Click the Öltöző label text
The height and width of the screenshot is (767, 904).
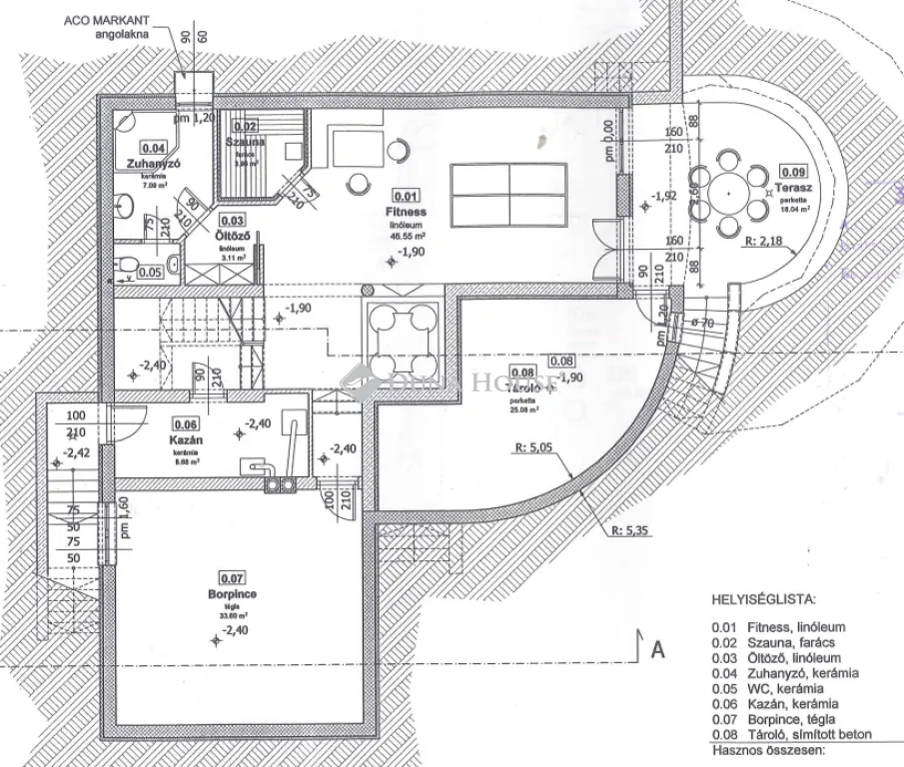pyautogui.click(x=232, y=236)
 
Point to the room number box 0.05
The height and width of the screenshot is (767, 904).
pyautogui.click(x=150, y=272)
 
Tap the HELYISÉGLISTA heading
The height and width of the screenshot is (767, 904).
pyautogui.click(x=763, y=600)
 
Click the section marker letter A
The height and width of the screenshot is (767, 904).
pyautogui.click(x=657, y=649)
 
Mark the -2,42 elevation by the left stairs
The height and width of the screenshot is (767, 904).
pyautogui.click(x=76, y=451)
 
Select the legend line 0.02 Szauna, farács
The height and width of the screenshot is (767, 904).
pyautogui.click(x=771, y=643)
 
